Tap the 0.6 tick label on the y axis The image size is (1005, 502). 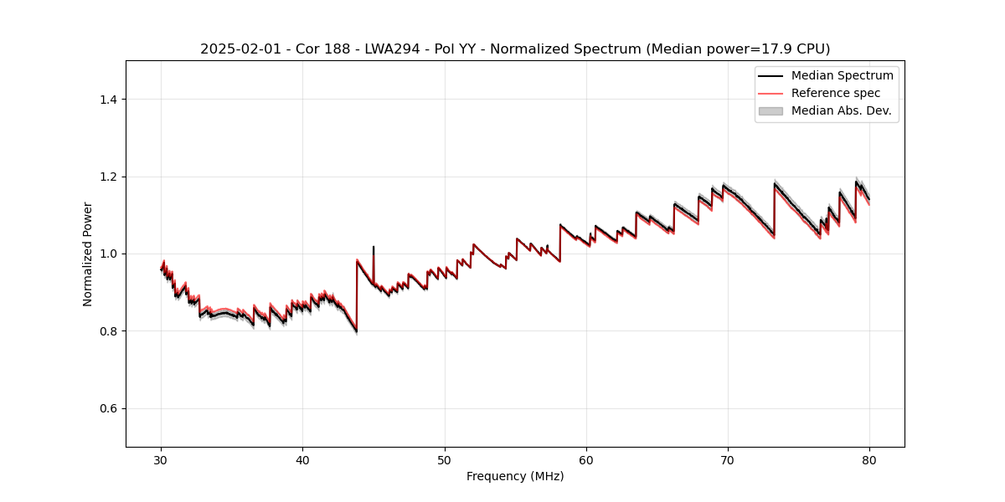click(108, 408)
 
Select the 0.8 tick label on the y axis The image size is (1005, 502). click(108, 331)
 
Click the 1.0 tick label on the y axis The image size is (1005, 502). click(108, 254)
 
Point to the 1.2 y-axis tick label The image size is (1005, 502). click(108, 177)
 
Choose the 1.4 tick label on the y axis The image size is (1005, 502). click(108, 100)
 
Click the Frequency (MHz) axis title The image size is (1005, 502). click(515, 477)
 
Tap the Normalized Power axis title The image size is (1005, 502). click(88, 254)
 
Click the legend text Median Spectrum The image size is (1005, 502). click(842, 76)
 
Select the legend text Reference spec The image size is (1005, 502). click(836, 93)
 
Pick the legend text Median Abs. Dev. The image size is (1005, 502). click(841, 110)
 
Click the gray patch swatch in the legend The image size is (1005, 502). click(770, 110)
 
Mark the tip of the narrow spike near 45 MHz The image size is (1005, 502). click(374, 247)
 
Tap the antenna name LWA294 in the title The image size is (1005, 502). click(393, 49)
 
